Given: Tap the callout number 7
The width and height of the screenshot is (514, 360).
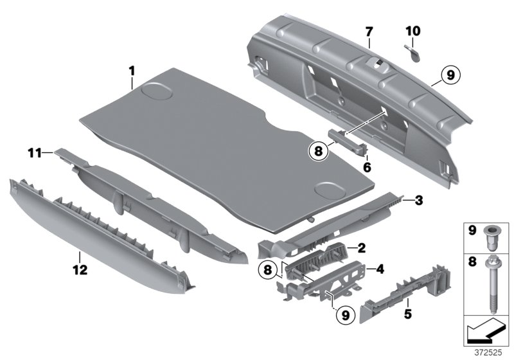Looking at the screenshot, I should tap(369, 32).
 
